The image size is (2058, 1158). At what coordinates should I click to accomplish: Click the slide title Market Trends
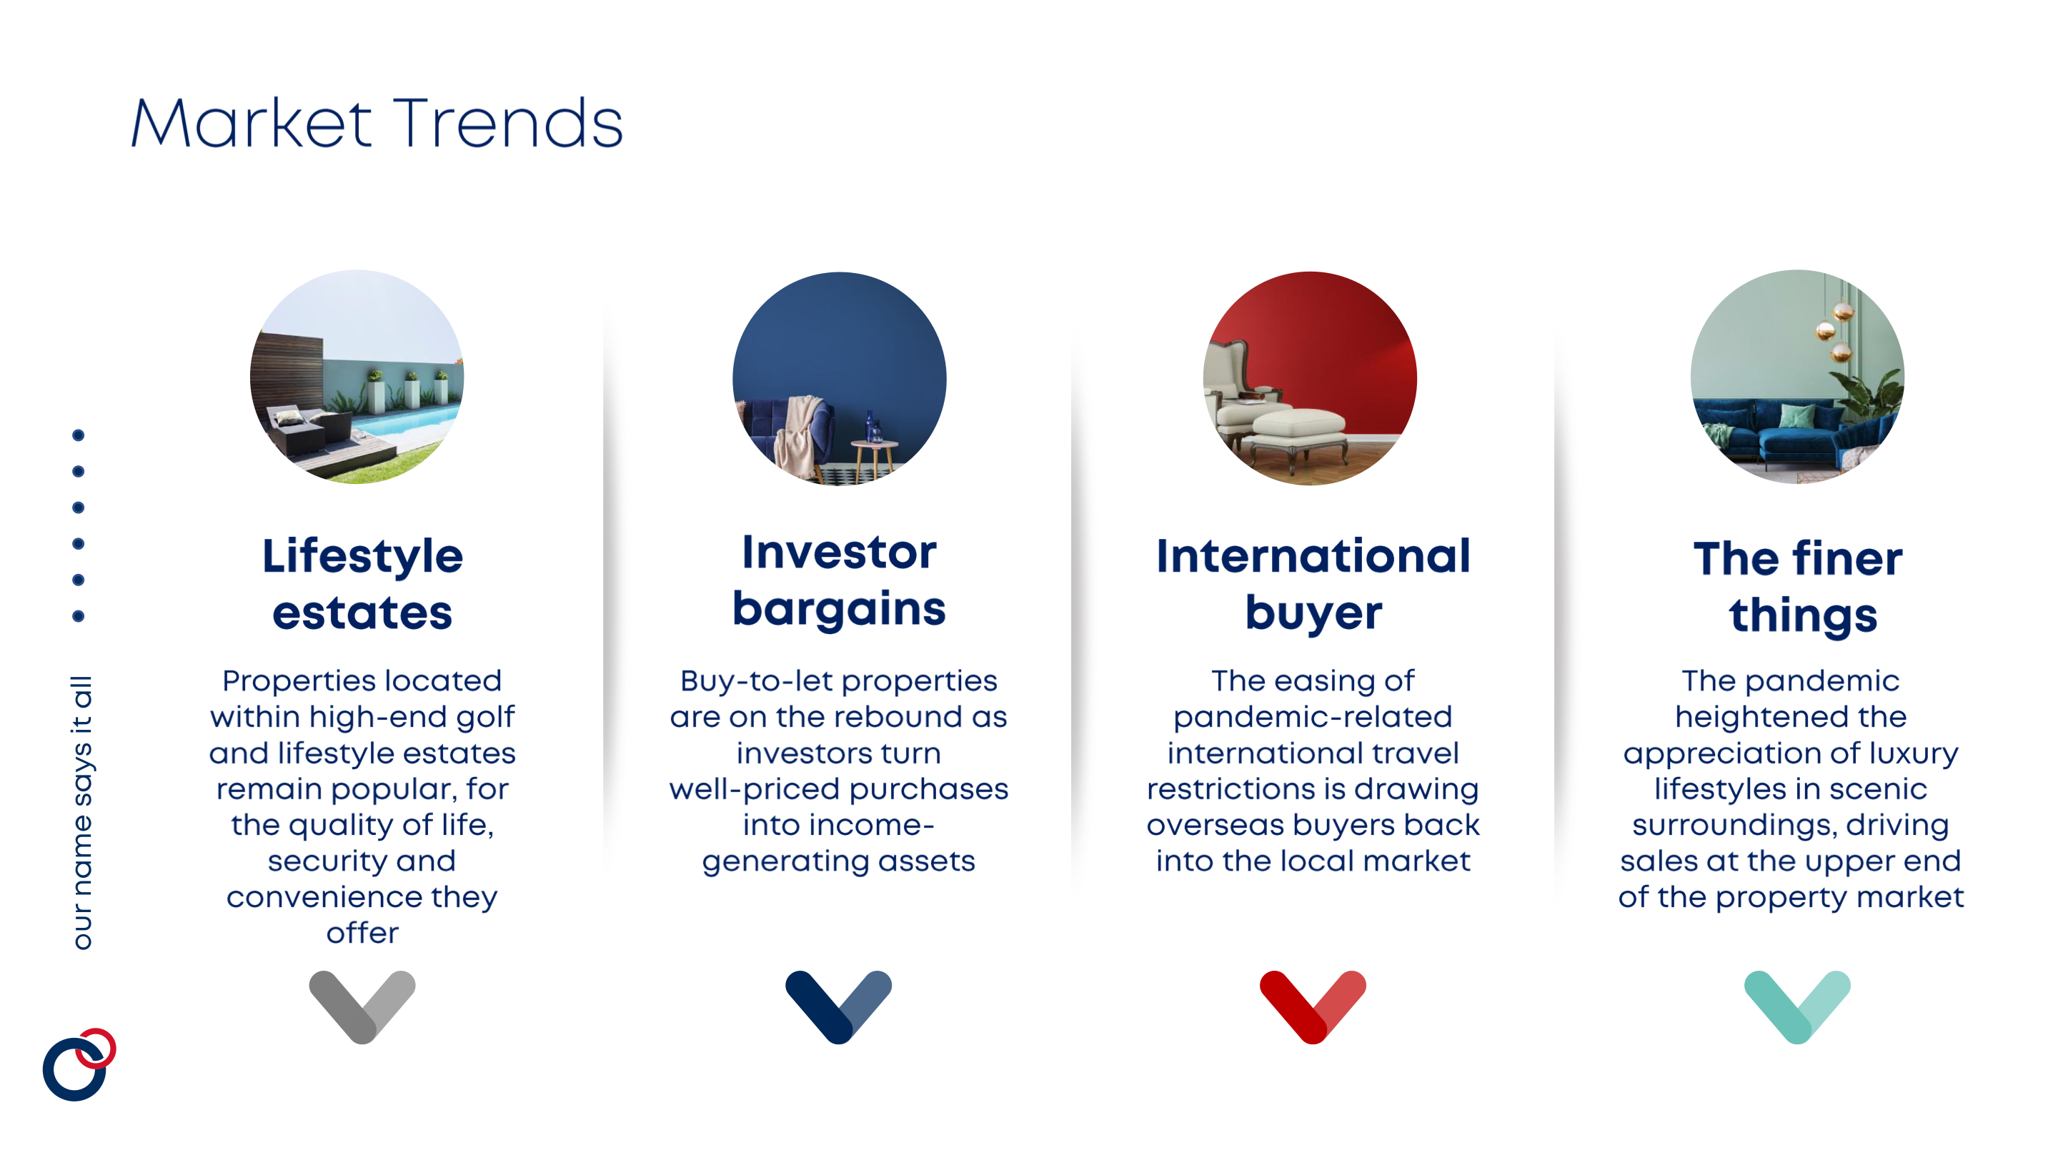tap(377, 123)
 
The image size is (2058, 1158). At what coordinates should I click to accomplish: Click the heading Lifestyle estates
tap(362, 584)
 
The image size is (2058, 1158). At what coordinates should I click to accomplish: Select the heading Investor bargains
tap(839, 580)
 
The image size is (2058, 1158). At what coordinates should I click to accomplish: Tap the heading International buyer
tap(1313, 584)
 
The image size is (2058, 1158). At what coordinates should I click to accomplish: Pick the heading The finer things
tap(1798, 587)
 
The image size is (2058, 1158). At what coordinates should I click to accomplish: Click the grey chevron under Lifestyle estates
tap(362, 1007)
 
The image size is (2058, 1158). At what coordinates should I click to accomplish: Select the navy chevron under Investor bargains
tap(838, 1007)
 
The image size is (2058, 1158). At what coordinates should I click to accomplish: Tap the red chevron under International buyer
tap(1313, 1007)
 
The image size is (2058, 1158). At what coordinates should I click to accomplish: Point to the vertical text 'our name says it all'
tap(82, 813)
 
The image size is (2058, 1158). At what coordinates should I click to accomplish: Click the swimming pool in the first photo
tap(407, 420)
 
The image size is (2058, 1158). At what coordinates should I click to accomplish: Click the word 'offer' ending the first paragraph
tap(362, 933)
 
